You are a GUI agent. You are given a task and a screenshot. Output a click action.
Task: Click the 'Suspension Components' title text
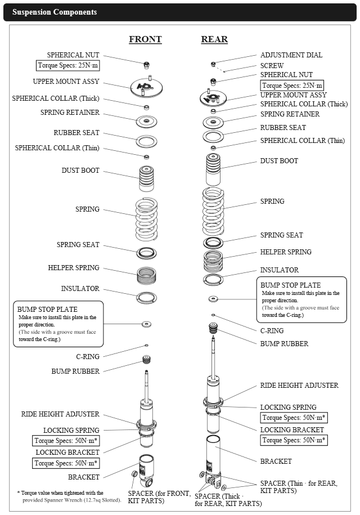(55, 12)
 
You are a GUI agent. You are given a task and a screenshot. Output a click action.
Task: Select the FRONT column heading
(145, 39)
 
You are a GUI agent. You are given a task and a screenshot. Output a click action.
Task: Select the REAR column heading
(214, 39)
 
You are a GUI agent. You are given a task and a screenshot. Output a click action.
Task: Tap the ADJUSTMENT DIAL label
(291, 55)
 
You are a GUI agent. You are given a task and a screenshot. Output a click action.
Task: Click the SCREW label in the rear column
(272, 65)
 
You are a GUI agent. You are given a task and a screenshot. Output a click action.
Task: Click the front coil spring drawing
(146, 217)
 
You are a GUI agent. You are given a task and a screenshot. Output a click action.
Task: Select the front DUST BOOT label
(80, 170)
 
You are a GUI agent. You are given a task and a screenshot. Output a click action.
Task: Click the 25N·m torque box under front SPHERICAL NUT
(68, 65)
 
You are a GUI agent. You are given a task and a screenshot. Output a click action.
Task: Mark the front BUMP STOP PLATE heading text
(47, 309)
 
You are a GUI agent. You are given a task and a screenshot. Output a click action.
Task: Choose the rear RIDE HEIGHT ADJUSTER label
(299, 386)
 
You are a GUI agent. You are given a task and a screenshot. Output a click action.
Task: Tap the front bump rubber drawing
(146, 360)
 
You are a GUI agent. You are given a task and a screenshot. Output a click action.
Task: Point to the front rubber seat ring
(146, 140)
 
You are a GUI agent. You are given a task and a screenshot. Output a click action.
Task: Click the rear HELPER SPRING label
(286, 252)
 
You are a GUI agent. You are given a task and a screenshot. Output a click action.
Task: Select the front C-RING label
(88, 356)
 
